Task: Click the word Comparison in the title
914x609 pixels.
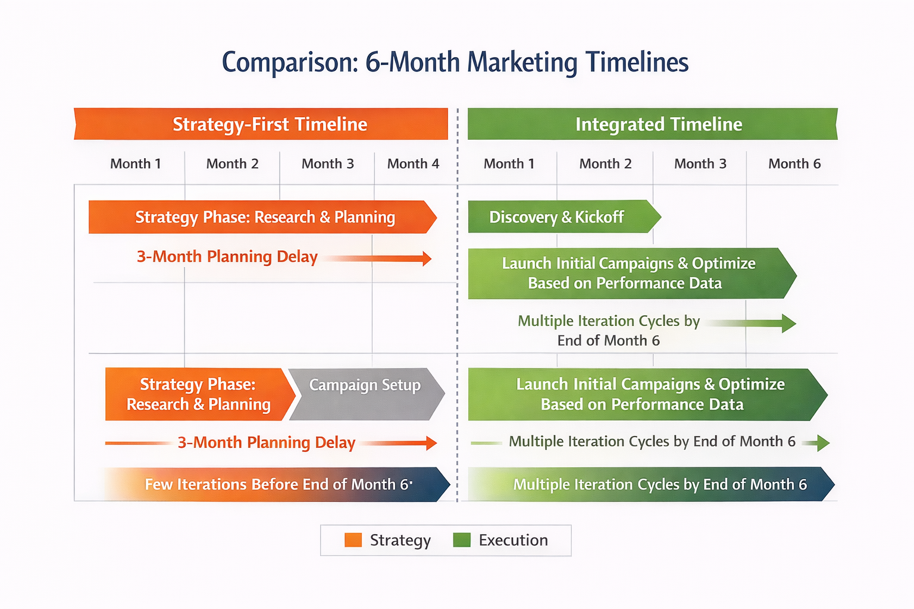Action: (x=290, y=62)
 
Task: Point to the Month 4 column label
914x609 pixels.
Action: (x=413, y=164)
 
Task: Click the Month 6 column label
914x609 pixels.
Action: (x=794, y=164)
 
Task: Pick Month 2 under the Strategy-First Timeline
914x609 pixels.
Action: (x=232, y=164)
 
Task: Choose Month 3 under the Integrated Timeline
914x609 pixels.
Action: (x=700, y=164)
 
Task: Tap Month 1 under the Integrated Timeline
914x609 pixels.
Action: (x=509, y=164)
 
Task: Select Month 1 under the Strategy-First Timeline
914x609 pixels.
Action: (x=136, y=164)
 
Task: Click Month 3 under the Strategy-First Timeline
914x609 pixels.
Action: (x=327, y=164)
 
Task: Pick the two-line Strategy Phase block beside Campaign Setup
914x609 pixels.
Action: (x=198, y=394)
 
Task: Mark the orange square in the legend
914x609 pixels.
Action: (x=353, y=540)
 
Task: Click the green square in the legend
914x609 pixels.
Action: (x=462, y=540)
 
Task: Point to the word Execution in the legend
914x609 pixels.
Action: (x=513, y=540)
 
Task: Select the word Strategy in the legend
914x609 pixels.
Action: (x=400, y=540)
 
